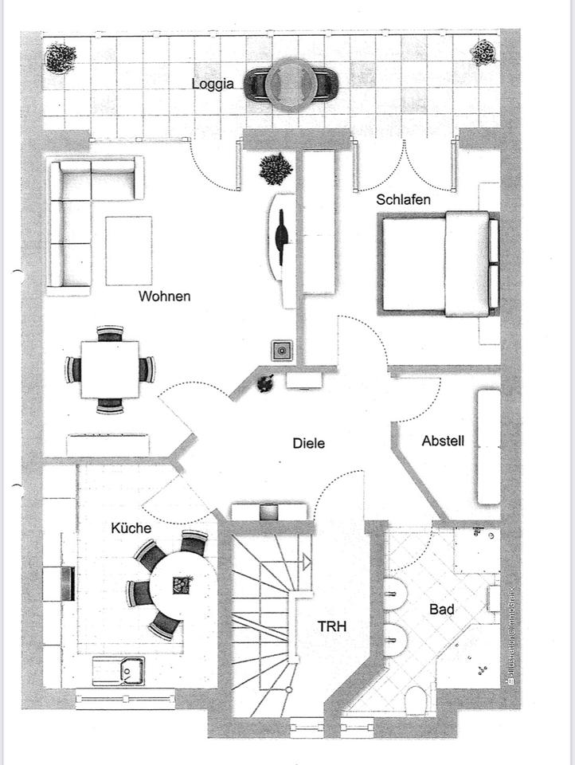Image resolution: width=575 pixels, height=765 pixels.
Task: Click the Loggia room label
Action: point(213,83)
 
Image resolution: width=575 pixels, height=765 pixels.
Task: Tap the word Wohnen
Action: point(165,296)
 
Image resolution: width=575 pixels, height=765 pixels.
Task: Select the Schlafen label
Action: point(404,199)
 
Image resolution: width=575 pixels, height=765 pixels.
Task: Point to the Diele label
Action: point(309,443)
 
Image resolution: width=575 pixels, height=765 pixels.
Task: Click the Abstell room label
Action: point(443,441)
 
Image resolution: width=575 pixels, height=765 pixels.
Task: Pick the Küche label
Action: point(131,527)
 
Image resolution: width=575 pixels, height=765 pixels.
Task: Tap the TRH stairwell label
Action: point(331,627)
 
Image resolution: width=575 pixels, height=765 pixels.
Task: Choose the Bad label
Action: point(442,610)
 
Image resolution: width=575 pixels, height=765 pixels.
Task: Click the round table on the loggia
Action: point(291,81)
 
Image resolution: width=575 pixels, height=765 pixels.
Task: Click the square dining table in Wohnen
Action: point(110,369)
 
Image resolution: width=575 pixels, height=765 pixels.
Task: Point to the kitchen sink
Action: point(119,671)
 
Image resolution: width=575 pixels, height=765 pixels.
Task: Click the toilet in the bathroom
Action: point(417,700)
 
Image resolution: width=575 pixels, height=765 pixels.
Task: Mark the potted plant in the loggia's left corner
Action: point(61,57)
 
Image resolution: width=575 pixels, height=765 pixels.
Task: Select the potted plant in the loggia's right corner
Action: point(483,53)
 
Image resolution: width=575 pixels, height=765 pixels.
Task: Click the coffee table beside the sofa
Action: point(128,250)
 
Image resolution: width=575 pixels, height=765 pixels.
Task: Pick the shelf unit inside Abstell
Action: point(488,446)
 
